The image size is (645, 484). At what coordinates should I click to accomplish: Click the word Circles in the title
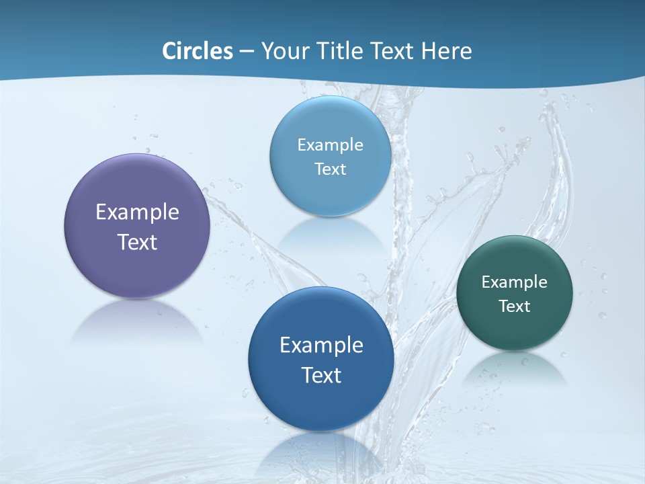[197, 51]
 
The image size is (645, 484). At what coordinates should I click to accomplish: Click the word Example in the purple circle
[137, 212]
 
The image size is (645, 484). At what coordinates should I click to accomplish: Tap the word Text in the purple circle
[137, 242]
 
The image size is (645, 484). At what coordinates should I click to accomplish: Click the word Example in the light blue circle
[330, 145]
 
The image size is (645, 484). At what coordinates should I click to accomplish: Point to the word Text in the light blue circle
[330, 169]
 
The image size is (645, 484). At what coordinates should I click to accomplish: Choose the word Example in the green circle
[515, 282]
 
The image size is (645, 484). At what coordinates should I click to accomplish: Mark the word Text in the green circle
[515, 307]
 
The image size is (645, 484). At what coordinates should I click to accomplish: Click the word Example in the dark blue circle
[321, 346]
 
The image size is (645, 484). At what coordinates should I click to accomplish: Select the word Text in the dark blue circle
[321, 375]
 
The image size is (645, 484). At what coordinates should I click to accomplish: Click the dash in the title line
[246, 52]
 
